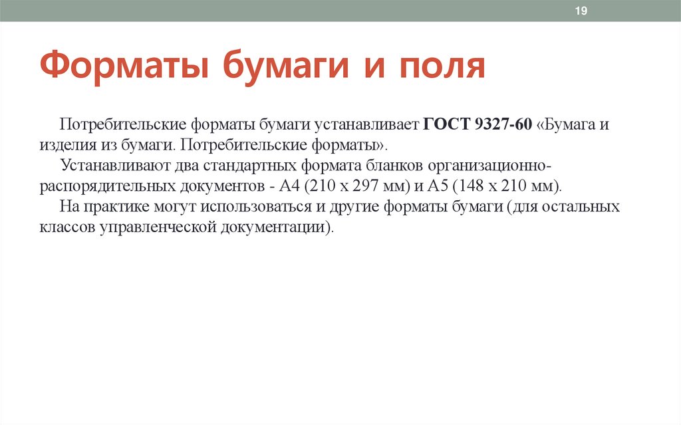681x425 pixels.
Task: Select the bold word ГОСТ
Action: tap(447, 124)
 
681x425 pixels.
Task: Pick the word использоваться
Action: tap(257, 206)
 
